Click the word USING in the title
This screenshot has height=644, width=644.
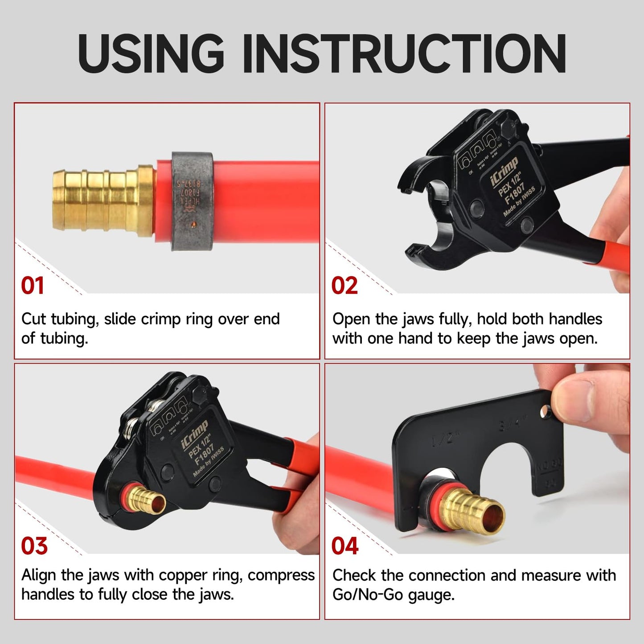click(x=151, y=53)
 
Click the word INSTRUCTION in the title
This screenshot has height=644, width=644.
click(x=405, y=53)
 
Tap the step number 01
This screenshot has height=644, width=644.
click(x=33, y=286)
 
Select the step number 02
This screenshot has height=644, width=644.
click(x=345, y=286)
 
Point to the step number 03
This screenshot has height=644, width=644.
click(x=34, y=546)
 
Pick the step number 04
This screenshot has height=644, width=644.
click(x=345, y=546)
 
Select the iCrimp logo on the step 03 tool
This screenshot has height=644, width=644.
click(x=194, y=435)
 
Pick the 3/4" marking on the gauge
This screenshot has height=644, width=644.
click(x=512, y=422)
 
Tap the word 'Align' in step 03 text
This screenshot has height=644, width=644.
click(x=39, y=575)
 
